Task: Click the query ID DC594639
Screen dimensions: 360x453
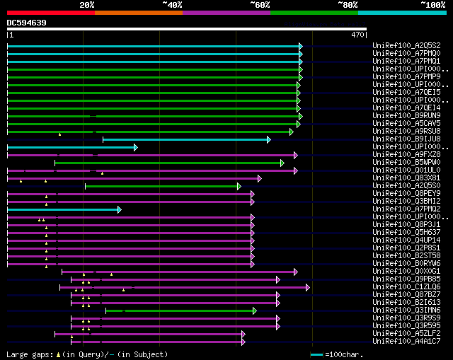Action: pos(27,23)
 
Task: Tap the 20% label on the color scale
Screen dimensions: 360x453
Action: pos(87,4)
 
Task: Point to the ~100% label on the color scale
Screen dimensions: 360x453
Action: pos(432,4)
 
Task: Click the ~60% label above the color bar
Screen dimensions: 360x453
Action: pos(260,4)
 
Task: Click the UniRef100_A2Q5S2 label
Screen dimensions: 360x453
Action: pos(406,45)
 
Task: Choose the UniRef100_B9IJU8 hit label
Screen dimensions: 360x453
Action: pos(406,139)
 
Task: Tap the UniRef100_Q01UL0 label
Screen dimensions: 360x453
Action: pos(406,170)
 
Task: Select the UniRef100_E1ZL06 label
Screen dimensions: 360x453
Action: pos(406,286)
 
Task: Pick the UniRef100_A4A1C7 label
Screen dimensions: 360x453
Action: pos(406,341)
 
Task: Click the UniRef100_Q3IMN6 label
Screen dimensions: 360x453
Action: pos(406,310)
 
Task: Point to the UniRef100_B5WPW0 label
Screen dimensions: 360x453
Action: pos(406,162)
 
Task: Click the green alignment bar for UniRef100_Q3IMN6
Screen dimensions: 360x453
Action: pos(180,310)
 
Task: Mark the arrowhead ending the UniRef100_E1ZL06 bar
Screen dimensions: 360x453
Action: pos(308,287)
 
